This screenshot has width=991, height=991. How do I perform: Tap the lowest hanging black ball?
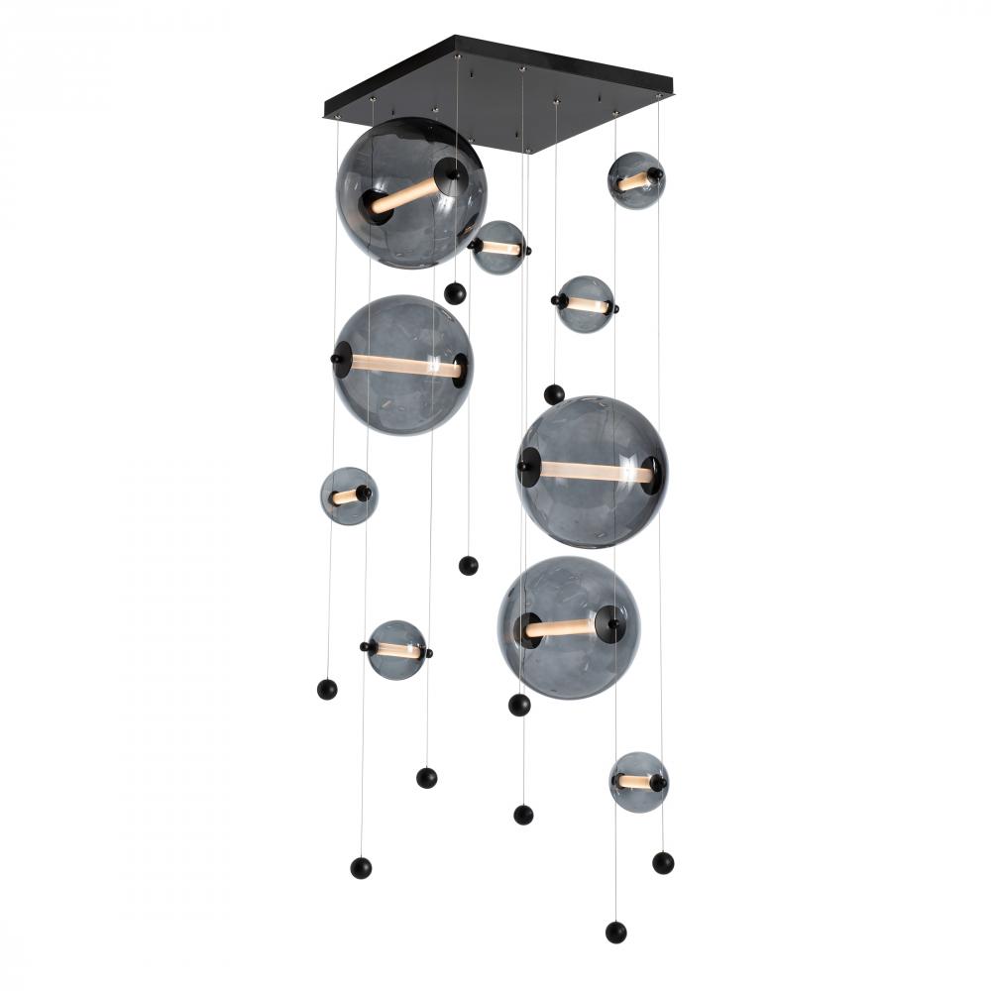point(615,932)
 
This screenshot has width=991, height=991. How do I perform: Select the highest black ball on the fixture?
point(455,293)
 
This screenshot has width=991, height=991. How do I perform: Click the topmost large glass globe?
point(411,192)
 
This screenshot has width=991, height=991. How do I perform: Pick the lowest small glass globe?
point(638,782)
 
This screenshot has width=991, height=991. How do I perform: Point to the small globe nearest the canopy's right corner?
point(635,180)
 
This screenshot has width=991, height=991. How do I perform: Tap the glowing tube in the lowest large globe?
point(560,628)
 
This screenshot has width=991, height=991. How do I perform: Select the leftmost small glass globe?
point(348,495)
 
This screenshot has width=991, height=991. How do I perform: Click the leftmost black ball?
point(327,689)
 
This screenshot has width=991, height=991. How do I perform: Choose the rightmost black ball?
point(663,862)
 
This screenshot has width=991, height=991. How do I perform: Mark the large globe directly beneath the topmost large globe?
point(403,365)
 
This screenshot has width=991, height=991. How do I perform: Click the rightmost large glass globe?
point(592,472)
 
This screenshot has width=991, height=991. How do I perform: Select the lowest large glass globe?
point(568,627)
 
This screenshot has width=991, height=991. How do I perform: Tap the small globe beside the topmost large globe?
point(498,248)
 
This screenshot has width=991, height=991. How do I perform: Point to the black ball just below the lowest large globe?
point(519,705)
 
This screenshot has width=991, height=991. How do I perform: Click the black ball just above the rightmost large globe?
point(554,394)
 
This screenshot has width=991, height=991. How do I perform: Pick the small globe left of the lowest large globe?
point(396,650)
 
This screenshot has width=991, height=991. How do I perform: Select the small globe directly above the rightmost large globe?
point(585,304)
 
